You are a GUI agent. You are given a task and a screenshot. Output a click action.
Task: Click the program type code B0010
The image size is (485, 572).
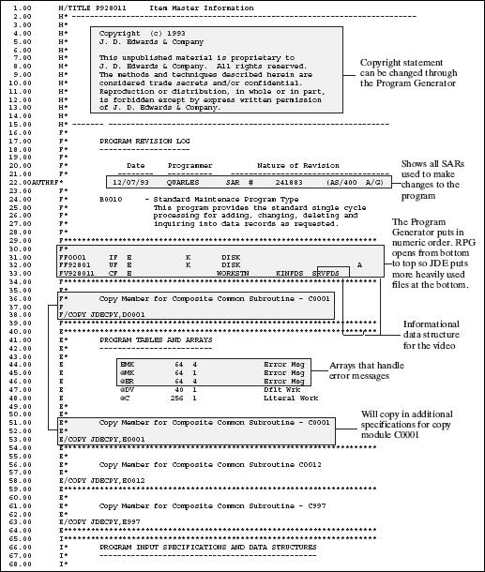point(110,200)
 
